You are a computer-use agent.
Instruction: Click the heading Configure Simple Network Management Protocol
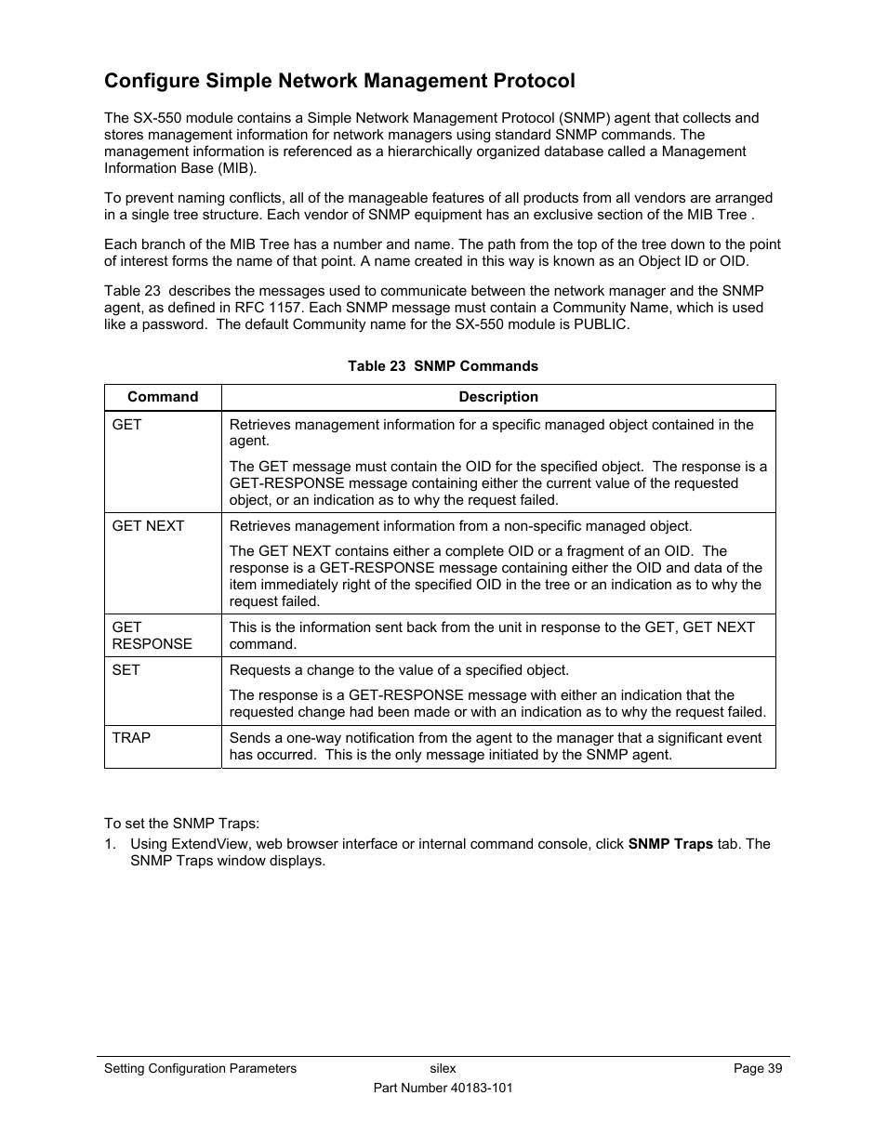point(339,81)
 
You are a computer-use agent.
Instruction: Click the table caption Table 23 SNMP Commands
point(443,366)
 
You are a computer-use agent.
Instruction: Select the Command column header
point(163,397)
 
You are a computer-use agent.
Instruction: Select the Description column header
point(498,397)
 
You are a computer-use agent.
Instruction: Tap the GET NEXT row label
point(149,526)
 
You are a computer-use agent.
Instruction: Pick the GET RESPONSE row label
point(152,636)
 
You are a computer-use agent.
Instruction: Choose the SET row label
point(126,670)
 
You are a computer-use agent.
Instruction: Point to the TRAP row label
point(131,738)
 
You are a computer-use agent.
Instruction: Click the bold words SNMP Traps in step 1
point(670,844)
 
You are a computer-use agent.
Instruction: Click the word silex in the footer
point(443,1069)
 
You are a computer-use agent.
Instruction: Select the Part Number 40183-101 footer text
point(443,1088)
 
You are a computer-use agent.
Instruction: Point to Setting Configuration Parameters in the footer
point(200,1069)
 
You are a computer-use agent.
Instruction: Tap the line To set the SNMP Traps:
point(181,824)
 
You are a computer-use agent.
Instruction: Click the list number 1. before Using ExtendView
point(111,844)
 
